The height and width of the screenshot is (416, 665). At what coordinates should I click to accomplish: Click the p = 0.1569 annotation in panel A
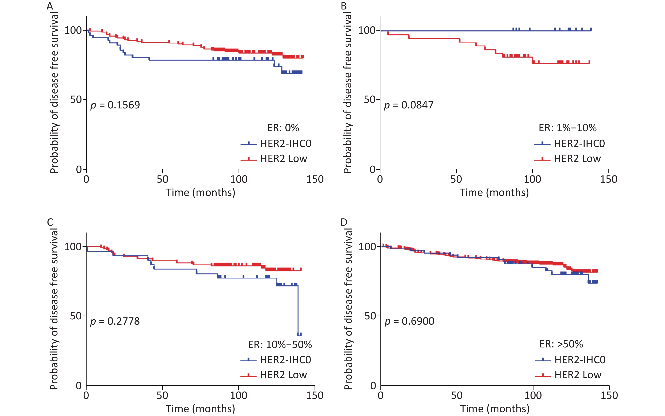(x=115, y=105)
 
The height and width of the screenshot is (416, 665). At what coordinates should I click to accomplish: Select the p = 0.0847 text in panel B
(x=408, y=105)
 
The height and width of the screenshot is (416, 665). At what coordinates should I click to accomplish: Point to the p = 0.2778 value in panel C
(x=115, y=321)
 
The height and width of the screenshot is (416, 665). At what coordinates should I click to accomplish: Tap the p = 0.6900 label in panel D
(x=409, y=321)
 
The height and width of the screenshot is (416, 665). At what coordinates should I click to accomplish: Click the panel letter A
(x=50, y=6)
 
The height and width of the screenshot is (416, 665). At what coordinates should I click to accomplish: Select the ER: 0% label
(x=283, y=128)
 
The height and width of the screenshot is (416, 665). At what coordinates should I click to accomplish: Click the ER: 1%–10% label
(x=567, y=128)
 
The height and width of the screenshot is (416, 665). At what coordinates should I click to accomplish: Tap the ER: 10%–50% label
(x=280, y=344)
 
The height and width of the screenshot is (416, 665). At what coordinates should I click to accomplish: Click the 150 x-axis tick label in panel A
(x=315, y=179)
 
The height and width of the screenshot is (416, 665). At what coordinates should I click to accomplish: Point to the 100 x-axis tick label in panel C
(x=238, y=396)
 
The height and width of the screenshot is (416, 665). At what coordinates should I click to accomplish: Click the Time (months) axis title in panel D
(x=495, y=409)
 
